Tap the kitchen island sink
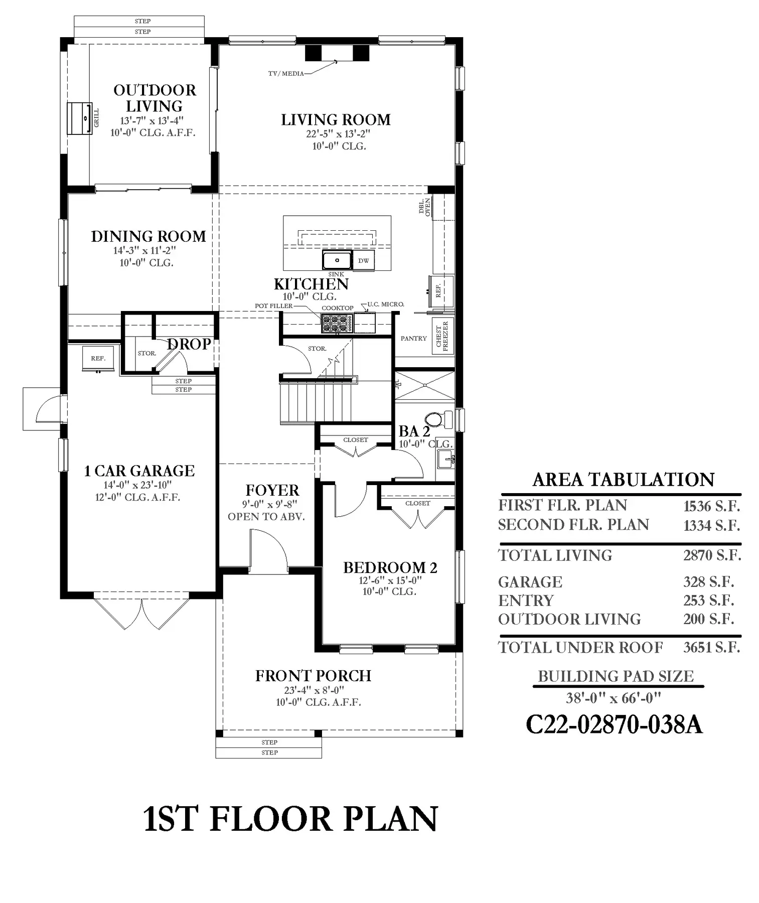[x=337, y=260]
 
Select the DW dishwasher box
[x=364, y=260]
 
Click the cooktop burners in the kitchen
[x=337, y=323]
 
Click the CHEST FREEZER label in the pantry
[x=442, y=335]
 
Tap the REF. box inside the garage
[x=98, y=358]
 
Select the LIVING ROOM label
[x=336, y=120]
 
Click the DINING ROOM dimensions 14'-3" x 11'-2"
[x=145, y=250]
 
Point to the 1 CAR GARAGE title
[x=139, y=471]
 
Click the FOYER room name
[x=272, y=490]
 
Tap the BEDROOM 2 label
[x=390, y=567]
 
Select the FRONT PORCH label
[x=314, y=676]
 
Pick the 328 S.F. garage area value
[x=708, y=582]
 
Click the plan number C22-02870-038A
[x=614, y=724]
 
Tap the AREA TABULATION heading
[x=624, y=480]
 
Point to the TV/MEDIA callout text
[x=286, y=74]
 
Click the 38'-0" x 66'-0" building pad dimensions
[x=614, y=698]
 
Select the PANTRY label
[x=414, y=339]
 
